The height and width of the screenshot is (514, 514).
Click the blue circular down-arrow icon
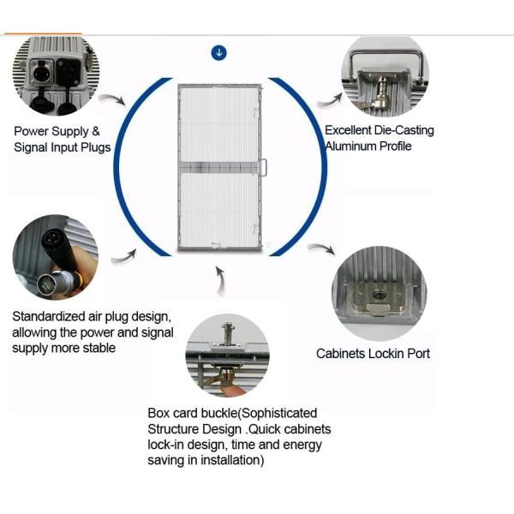[x=219, y=53]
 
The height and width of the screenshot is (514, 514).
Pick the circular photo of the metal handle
[x=385, y=78]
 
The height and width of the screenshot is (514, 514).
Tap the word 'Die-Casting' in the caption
[x=404, y=130]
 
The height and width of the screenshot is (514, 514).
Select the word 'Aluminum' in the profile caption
[x=348, y=146]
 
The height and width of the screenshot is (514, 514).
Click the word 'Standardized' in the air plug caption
[x=48, y=315]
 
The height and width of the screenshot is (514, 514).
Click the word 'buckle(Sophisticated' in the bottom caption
[x=257, y=413]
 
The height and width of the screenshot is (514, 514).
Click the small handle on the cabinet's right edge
[x=266, y=169]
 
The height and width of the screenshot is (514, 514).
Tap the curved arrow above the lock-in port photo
[x=320, y=250]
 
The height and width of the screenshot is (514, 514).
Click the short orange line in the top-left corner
[x=43, y=33]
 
